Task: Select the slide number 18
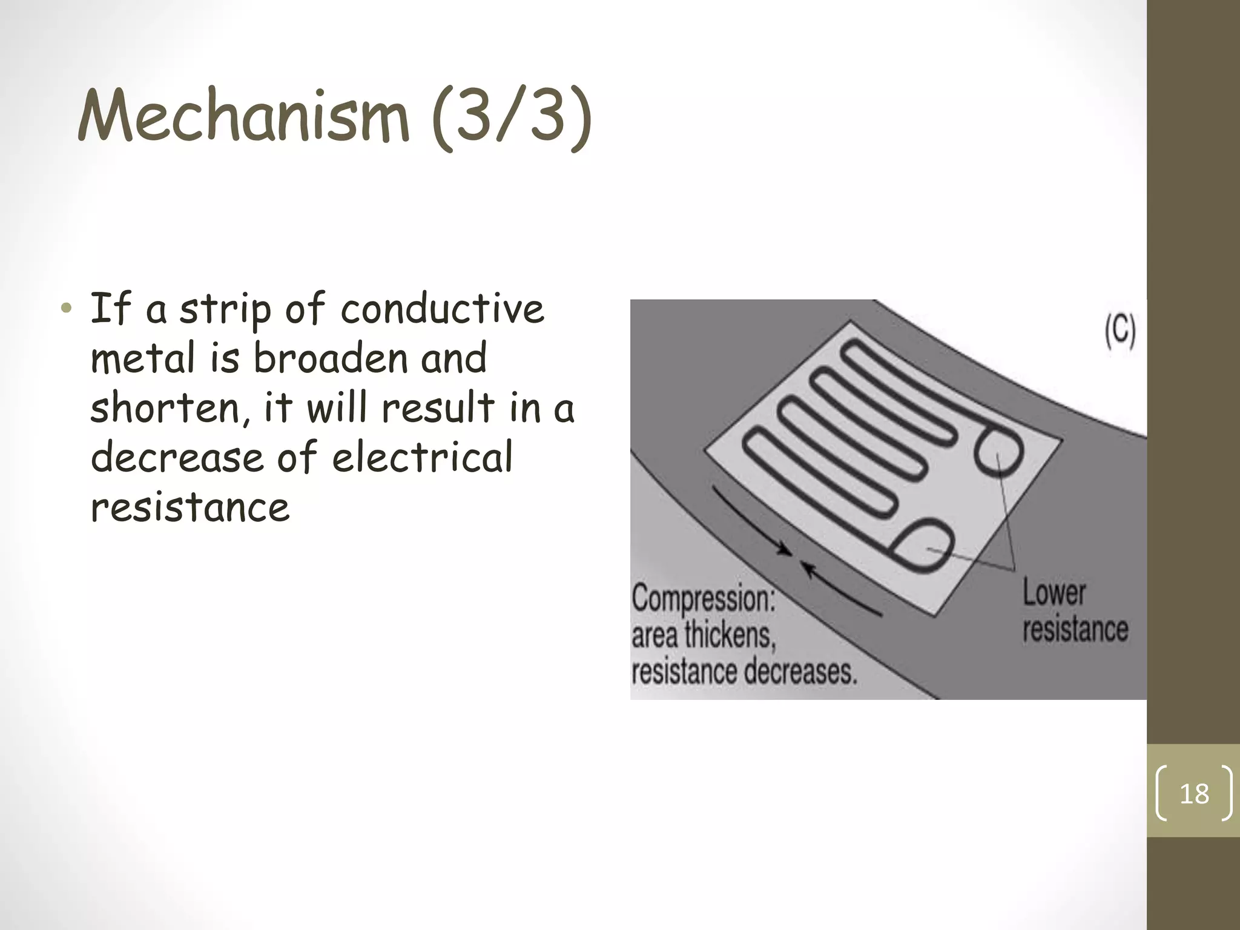click(x=1194, y=794)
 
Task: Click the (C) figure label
click(x=1120, y=332)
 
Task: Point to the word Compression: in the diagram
click(x=703, y=599)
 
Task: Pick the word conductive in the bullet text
click(x=442, y=309)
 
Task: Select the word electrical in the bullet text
click(x=422, y=457)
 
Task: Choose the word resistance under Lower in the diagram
click(x=1075, y=630)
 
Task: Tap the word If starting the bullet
click(x=111, y=309)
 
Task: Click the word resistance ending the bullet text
click(x=190, y=507)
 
